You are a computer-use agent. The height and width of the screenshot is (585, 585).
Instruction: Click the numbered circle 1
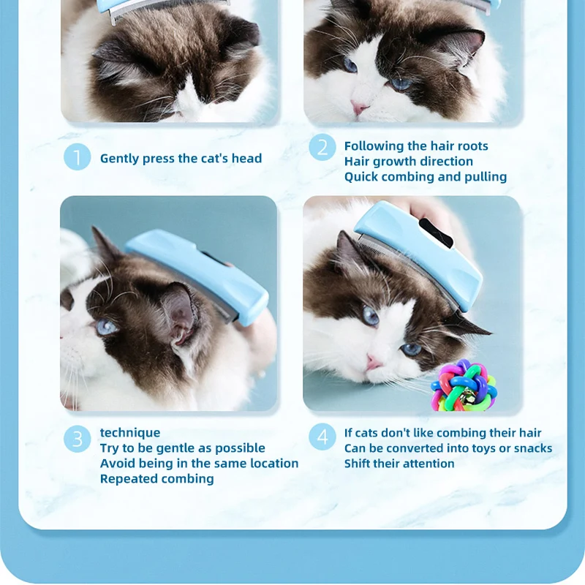tap(78, 156)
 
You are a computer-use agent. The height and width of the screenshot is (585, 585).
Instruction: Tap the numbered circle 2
tap(322, 148)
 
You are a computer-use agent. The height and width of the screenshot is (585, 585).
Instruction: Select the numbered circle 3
tap(78, 439)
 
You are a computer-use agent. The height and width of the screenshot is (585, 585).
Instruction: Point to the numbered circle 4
tap(322, 437)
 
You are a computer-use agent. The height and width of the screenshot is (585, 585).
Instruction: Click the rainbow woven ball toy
tap(464, 385)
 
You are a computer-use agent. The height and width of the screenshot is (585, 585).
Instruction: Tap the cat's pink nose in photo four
tap(374, 361)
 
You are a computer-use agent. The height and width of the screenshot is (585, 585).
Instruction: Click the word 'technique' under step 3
tap(130, 433)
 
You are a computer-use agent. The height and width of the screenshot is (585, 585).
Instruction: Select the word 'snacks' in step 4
tap(533, 448)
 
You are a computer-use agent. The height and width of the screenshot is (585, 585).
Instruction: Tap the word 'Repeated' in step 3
tap(125, 479)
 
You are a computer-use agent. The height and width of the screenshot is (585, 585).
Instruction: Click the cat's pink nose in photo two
tap(359, 108)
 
